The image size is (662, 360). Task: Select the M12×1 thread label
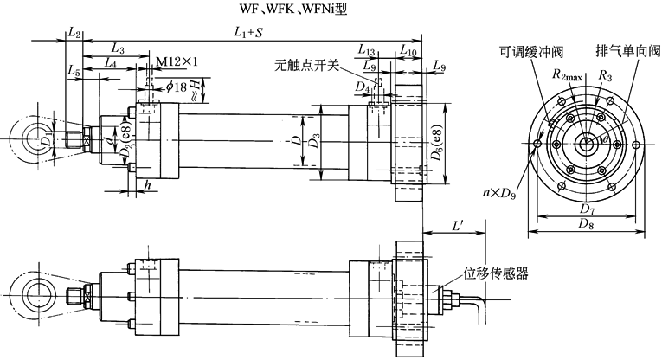[178, 62]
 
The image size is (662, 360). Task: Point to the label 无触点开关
[302, 64]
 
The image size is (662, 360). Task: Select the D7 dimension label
[588, 209]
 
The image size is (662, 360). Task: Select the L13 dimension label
[365, 52]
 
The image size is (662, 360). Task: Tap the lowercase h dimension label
[148, 184]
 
